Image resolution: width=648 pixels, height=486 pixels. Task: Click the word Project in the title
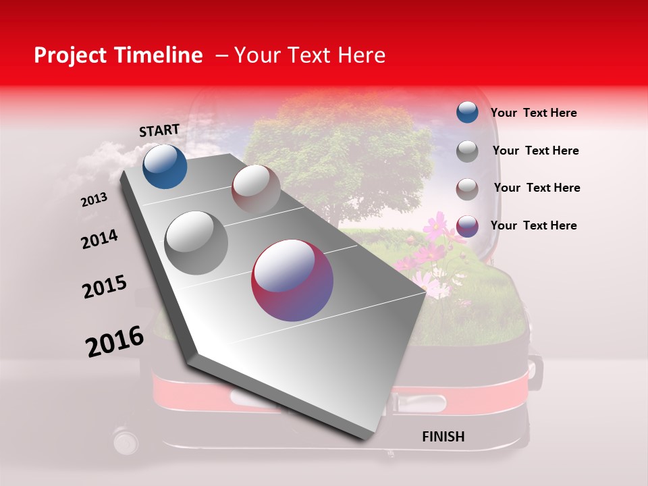(70, 55)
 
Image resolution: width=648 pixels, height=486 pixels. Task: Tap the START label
(159, 130)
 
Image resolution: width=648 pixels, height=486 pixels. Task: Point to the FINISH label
(443, 437)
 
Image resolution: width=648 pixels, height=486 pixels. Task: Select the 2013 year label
(94, 199)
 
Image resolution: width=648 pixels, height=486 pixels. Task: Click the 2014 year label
(99, 239)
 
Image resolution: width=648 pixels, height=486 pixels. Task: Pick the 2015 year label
(105, 287)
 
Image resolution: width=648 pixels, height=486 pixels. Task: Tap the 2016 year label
(115, 341)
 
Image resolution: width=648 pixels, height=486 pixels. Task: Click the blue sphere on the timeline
(165, 166)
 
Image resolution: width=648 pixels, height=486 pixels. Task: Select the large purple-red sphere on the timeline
(292, 280)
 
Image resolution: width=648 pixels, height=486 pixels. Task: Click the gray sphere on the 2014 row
(196, 242)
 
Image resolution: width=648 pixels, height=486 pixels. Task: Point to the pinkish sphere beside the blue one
(256, 188)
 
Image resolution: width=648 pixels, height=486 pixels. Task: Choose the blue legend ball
(467, 112)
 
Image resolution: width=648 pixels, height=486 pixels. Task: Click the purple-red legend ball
(467, 226)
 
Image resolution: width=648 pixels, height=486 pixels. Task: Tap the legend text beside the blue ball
(533, 113)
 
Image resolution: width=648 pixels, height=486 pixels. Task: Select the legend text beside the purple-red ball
(533, 225)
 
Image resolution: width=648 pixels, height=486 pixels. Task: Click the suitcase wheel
(126, 442)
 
